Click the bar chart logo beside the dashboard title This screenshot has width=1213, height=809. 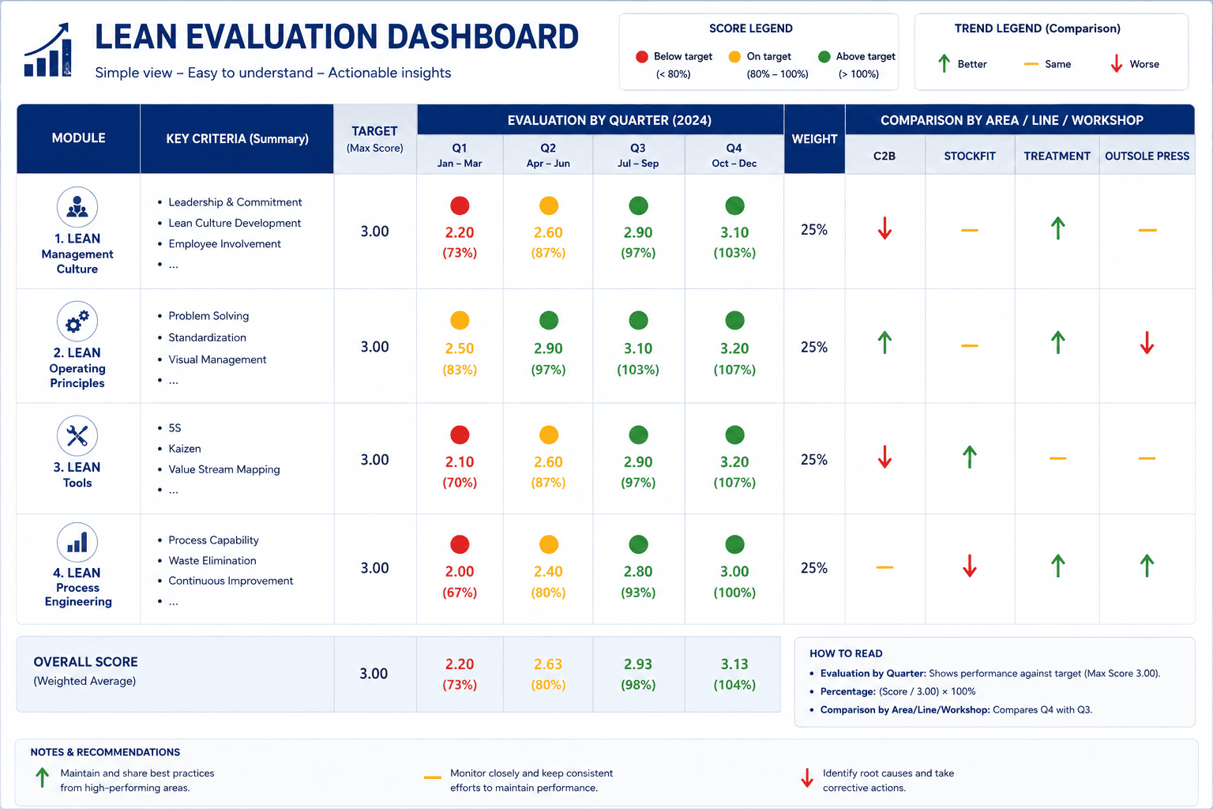(x=47, y=50)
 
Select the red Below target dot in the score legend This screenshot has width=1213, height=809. (x=642, y=57)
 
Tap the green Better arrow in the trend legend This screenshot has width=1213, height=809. (x=944, y=63)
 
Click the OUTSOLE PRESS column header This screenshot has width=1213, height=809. (x=1147, y=156)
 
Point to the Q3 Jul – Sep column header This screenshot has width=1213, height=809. (x=638, y=155)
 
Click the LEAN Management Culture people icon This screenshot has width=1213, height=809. (x=77, y=207)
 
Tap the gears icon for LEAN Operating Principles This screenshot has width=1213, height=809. (x=77, y=322)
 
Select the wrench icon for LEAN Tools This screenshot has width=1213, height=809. (x=77, y=435)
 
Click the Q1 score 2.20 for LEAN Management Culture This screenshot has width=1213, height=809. (x=459, y=232)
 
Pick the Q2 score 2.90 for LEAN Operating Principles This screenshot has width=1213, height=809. (x=548, y=348)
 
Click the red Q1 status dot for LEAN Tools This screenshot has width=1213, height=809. (x=460, y=435)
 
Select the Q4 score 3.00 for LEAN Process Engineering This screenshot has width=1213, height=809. (x=734, y=572)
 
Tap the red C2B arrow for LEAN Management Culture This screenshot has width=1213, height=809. (x=884, y=228)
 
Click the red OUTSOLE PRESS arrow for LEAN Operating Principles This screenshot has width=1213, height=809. (x=1147, y=342)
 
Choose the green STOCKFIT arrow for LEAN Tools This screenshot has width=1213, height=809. (x=970, y=457)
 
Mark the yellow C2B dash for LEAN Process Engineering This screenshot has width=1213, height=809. (x=884, y=567)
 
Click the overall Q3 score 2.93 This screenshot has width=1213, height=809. (x=638, y=664)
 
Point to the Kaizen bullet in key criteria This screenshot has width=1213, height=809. (x=185, y=449)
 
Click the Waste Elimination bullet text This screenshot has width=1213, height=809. (x=212, y=561)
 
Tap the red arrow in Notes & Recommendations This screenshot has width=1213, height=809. (x=807, y=777)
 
